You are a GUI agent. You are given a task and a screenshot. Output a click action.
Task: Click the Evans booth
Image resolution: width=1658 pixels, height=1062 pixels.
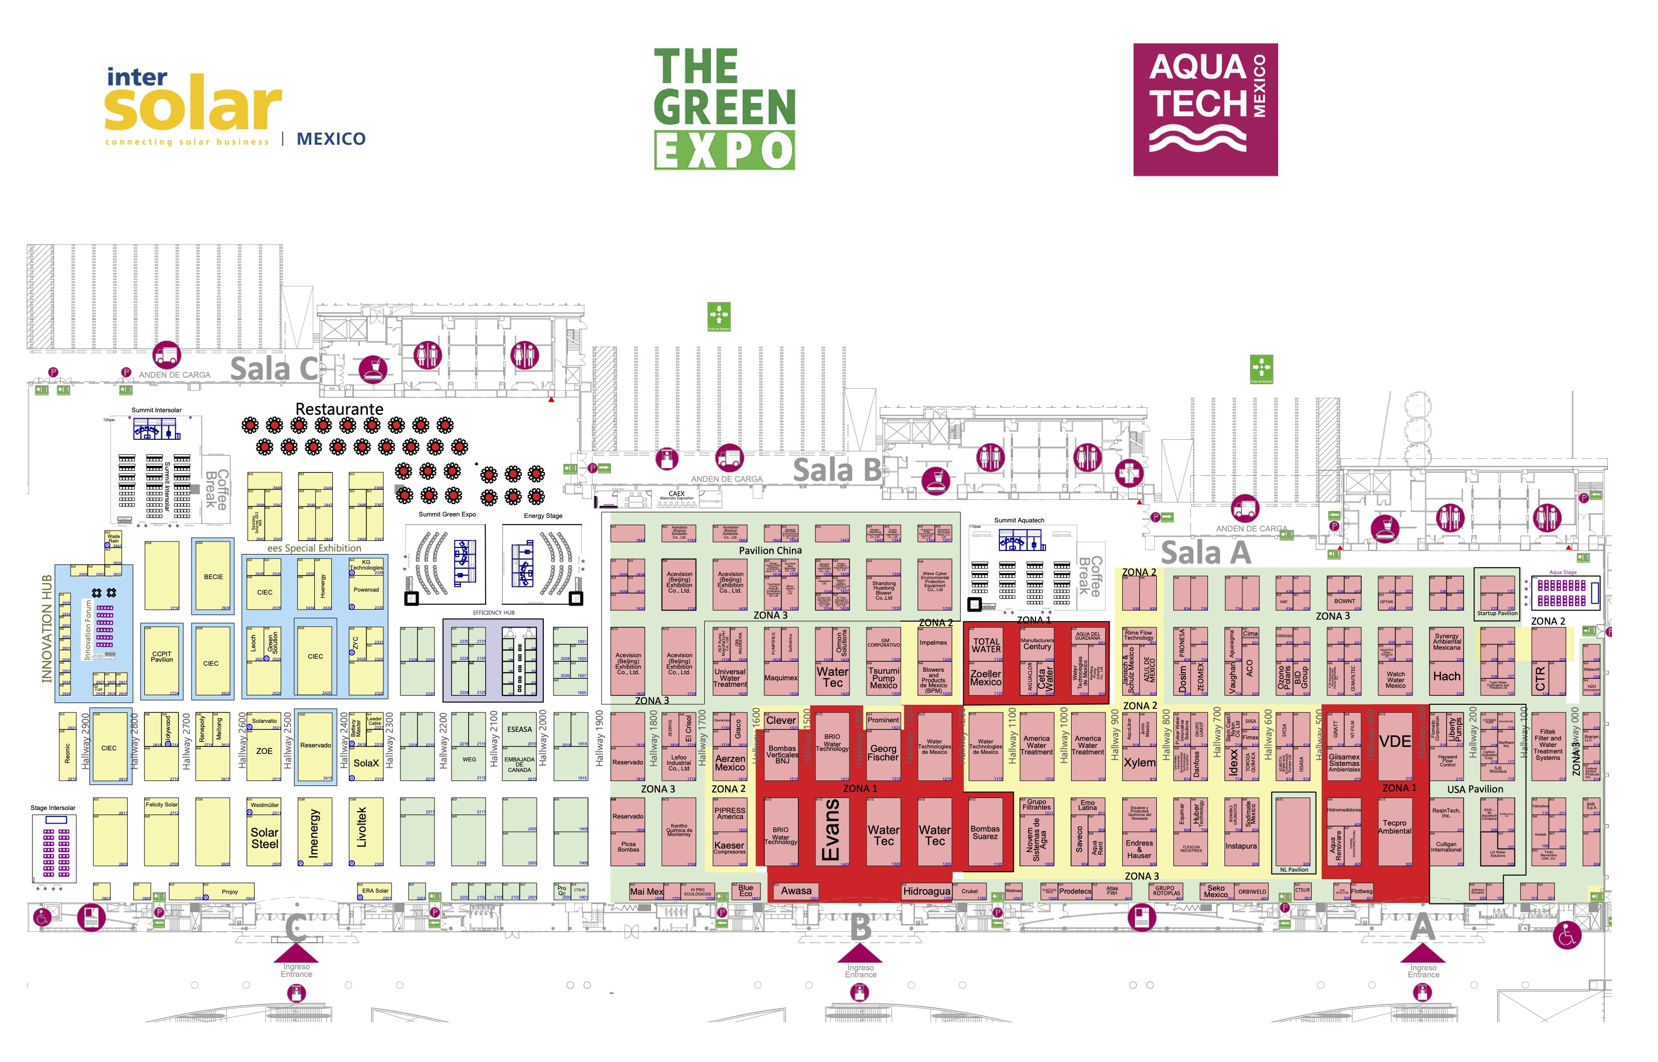pos(832,831)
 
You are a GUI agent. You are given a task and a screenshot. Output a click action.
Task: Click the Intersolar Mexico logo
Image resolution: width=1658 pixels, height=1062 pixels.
pos(235,107)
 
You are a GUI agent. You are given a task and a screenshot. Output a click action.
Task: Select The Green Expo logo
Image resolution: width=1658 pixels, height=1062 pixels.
pos(724,108)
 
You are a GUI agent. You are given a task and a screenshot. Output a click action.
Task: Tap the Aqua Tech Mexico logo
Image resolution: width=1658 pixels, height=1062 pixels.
pos(1205,109)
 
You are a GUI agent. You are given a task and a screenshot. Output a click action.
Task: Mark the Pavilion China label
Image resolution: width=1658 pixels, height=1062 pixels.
pos(770,551)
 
